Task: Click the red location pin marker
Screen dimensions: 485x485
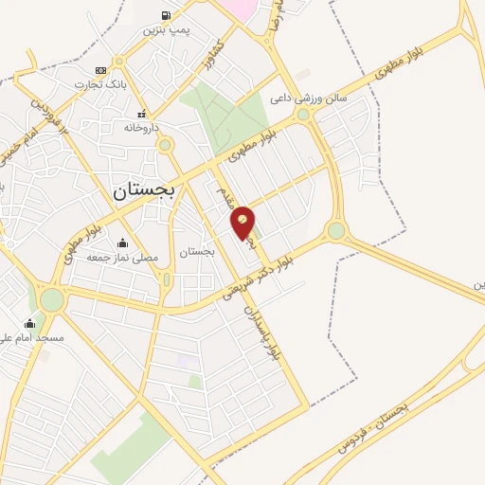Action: (x=243, y=222)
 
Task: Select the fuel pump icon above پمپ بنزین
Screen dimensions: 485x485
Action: (x=167, y=15)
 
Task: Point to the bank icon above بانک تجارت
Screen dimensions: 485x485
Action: (x=100, y=70)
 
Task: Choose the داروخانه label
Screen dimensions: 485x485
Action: (x=142, y=127)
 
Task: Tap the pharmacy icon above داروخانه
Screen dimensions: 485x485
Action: (x=141, y=112)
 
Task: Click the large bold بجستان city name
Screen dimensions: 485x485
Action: (x=145, y=189)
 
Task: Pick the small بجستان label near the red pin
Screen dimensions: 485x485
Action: (x=198, y=252)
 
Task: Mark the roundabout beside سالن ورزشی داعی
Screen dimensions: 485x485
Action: (x=303, y=115)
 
